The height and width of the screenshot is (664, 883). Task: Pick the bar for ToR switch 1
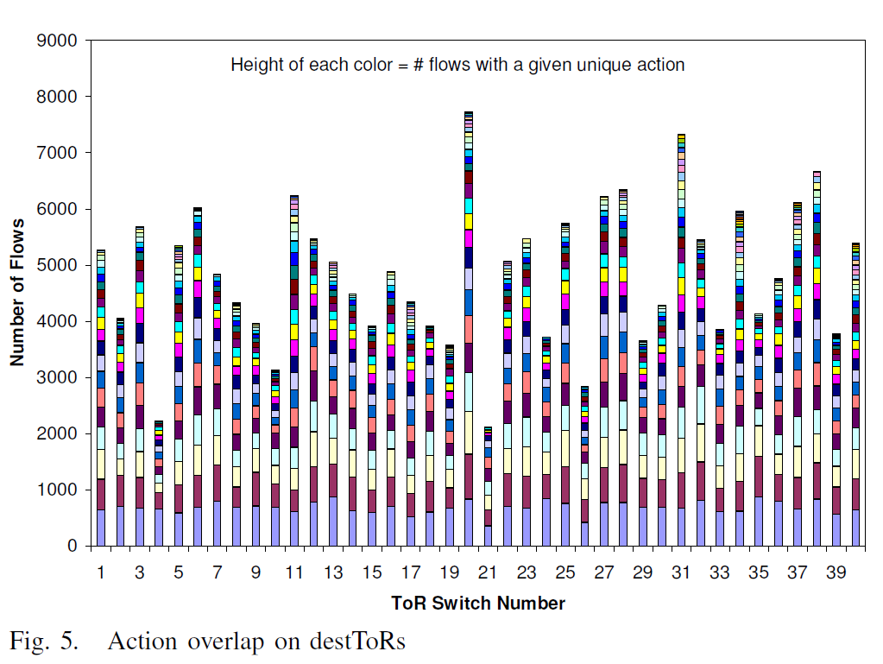(x=101, y=397)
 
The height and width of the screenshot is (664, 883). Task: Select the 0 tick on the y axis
(x=72, y=546)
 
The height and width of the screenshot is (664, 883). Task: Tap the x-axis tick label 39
(x=836, y=572)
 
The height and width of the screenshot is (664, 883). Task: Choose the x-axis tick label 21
(x=489, y=572)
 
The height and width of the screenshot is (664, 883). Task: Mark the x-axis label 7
(x=218, y=572)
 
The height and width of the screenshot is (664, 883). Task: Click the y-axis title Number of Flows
(x=17, y=293)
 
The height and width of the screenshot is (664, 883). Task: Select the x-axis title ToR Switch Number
(x=478, y=603)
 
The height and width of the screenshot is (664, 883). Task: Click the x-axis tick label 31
(x=681, y=572)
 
